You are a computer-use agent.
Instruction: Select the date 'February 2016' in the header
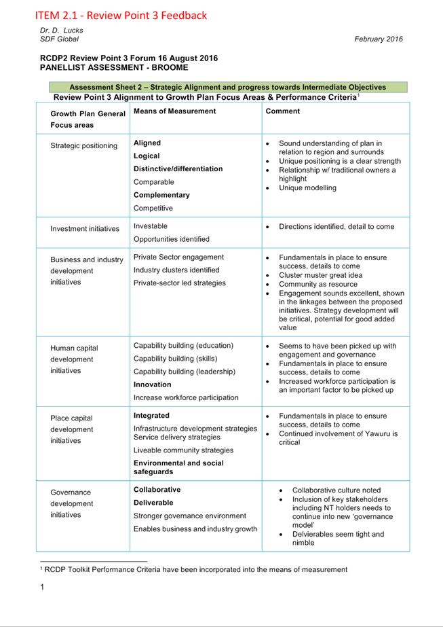pyautogui.click(x=378, y=39)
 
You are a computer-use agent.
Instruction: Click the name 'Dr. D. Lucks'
pyautogui.click(x=62, y=31)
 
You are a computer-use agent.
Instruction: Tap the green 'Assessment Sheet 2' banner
pyautogui.click(x=227, y=87)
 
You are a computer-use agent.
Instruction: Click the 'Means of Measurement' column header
pyautogui.click(x=174, y=111)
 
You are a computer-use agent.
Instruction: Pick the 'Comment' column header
pyautogui.click(x=283, y=111)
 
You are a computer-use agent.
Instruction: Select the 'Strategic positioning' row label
pyautogui.click(x=83, y=145)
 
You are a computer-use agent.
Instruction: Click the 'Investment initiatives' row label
pyautogui.click(x=84, y=229)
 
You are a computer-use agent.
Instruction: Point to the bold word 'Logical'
pyautogui.click(x=147, y=156)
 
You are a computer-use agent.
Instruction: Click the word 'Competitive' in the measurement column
pyautogui.click(x=153, y=208)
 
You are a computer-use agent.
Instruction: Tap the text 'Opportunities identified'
pyautogui.click(x=171, y=239)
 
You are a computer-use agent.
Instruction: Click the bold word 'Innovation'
pyautogui.click(x=152, y=384)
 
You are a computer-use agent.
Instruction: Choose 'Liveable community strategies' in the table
pyautogui.click(x=183, y=450)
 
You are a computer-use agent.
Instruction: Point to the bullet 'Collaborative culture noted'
pyautogui.click(x=336, y=490)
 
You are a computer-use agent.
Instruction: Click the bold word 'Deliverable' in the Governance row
pyautogui.click(x=153, y=503)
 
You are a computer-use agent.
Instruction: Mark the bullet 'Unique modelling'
pyautogui.click(x=307, y=187)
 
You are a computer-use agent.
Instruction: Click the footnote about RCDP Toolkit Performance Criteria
pyautogui.click(x=194, y=569)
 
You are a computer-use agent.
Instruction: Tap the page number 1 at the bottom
pyautogui.click(x=41, y=587)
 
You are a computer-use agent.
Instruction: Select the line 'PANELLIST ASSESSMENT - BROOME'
pyautogui.click(x=114, y=68)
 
